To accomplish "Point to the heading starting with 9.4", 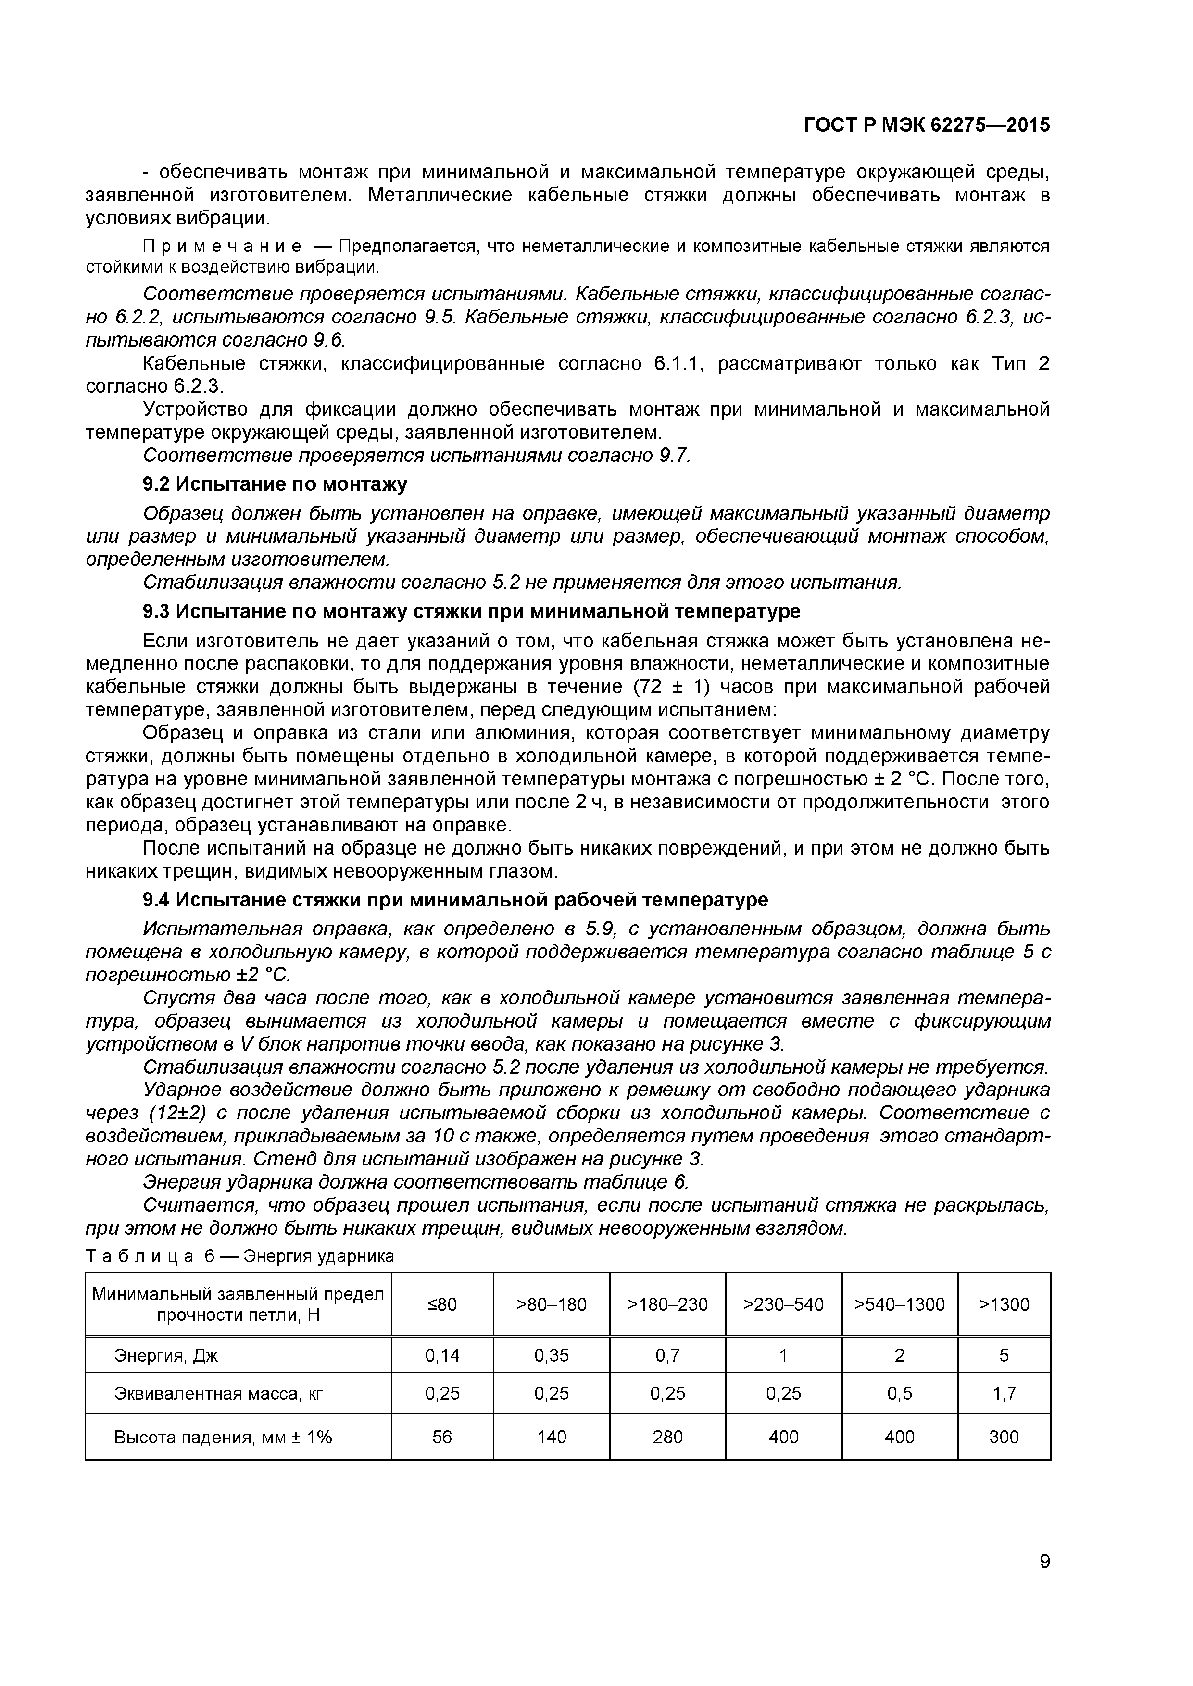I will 455,900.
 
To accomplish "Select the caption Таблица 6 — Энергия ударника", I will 239,1256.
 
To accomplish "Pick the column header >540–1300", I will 899,1304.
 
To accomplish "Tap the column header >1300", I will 1004,1304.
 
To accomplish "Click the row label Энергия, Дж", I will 165,1355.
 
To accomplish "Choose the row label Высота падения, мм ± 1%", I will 223,1437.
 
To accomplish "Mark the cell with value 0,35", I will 551,1355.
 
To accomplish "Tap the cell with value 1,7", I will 1004,1393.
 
